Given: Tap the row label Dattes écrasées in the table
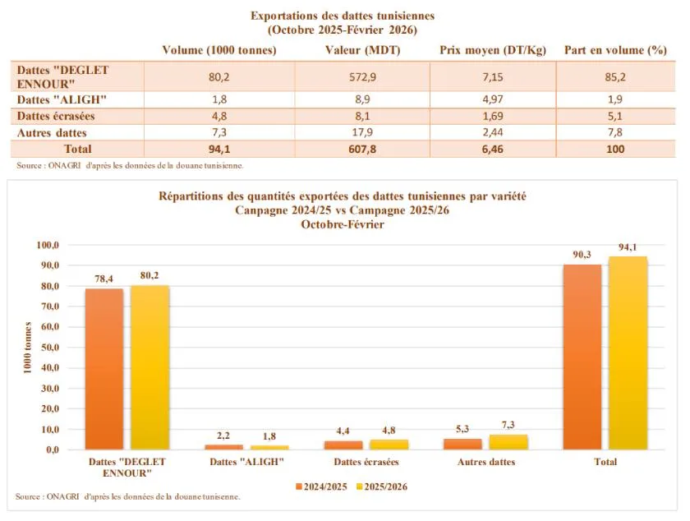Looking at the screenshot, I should click(53, 116).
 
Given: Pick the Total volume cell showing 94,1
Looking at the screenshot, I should click(218, 149).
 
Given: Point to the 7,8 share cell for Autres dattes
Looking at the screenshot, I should click(615, 132).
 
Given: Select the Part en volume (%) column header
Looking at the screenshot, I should click(615, 50).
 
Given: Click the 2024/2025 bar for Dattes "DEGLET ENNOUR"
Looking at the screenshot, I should click(104, 369).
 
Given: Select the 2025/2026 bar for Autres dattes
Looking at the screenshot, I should click(508, 442).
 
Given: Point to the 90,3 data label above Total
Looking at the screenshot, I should click(582, 255).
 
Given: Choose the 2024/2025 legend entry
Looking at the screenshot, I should click(321, 486).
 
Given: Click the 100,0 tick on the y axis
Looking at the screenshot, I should click(46, 245).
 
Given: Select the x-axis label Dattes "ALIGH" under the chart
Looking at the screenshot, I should click(247, 462).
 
